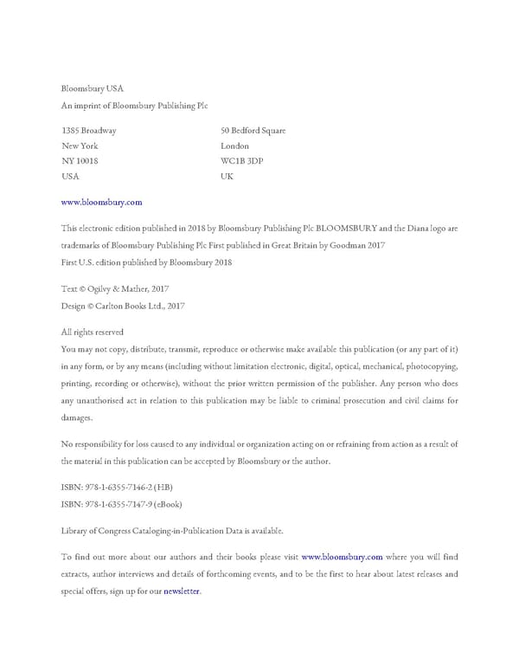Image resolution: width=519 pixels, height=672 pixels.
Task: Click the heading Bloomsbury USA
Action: pos(93,88)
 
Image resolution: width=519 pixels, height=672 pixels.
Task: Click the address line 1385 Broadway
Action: pos(89,131)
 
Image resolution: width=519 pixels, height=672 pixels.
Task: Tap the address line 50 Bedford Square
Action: pos(253,131)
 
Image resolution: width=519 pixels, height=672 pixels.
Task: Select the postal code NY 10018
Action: pos(80,160)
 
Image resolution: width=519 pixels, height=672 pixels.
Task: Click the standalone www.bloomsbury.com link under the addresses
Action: pos(101,202)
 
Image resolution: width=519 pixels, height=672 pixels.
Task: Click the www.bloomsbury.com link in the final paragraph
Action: pos(342,557)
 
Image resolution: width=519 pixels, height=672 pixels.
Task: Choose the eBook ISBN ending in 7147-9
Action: pos(121,504)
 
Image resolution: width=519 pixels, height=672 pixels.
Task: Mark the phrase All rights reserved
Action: pos(93,332)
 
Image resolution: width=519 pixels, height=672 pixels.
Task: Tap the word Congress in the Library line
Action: pos(119,530)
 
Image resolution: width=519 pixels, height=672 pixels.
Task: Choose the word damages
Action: pos(76,417)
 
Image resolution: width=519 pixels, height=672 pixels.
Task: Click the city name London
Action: pos(235,146)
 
